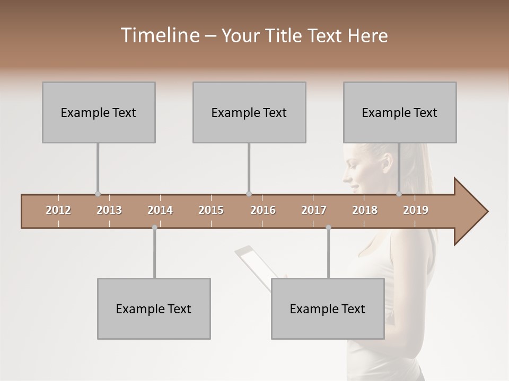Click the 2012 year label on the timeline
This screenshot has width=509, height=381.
coord(58,210)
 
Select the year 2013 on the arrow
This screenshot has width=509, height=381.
coord(109,210)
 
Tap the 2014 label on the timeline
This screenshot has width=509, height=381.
coord(160,210)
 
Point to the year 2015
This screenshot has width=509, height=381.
coord(211,210)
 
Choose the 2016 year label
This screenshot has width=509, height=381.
coord(263,210)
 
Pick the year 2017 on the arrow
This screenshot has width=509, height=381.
coord(314,210)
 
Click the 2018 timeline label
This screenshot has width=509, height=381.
coord(365,210)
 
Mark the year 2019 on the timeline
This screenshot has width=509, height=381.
coord(416,210)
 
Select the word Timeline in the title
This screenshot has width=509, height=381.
coord(160,35)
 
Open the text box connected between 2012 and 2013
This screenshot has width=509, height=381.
coord(99,112)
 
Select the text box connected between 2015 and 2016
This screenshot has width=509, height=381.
coord(249,112)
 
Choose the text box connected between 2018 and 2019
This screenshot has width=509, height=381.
coord(400,112)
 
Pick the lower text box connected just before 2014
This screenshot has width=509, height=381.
coord(154,309)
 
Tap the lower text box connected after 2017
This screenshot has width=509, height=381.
coord(328,309)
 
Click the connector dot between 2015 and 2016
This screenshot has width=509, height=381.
coord(249,194)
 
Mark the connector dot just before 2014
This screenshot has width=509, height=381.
coord(154,228)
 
